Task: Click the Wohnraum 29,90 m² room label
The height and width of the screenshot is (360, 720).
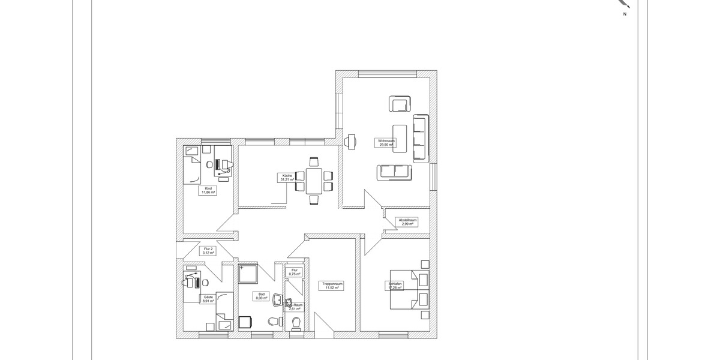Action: tap(386, 143)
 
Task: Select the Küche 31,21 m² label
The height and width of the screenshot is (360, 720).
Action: tap(286, 178)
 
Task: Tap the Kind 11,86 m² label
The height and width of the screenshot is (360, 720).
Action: tap(208, 191)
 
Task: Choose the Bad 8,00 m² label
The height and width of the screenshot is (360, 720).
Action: tap(262, 296)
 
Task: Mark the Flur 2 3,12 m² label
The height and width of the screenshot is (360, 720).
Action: tap(208, 251)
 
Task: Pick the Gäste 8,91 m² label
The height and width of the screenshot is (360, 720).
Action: tap(208, 299)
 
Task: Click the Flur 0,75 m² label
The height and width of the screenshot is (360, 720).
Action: tap(294, 272)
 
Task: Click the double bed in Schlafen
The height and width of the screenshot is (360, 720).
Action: tap(410, 289)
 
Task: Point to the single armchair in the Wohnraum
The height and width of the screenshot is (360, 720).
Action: tap(400, 104)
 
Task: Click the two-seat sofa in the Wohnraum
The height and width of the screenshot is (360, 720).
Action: tap(395, 172)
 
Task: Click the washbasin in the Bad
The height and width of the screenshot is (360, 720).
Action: tap(278, 299)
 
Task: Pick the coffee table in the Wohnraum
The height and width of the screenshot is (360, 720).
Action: tap(400, 139)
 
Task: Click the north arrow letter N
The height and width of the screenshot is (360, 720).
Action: tap(625, 14)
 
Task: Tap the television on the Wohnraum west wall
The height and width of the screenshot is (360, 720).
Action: tap(350, 140)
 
